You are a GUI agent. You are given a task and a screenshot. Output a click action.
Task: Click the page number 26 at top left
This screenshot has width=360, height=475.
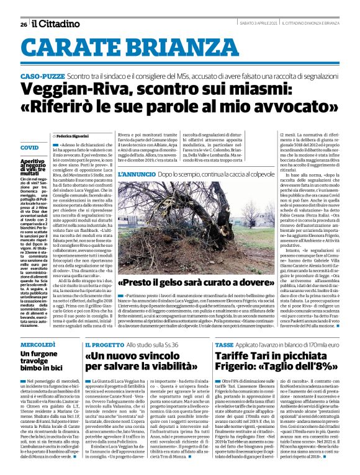tap(23, 24)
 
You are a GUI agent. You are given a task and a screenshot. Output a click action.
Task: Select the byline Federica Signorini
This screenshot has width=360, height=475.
tap(74, 135)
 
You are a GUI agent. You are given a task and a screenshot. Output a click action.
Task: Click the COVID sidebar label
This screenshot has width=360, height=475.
tap(29, 148)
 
